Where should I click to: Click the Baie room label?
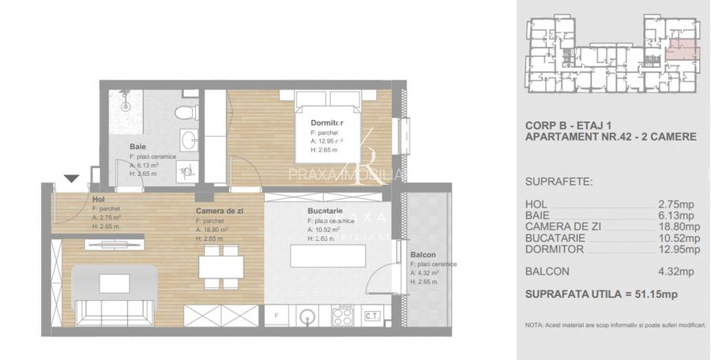(138, 147)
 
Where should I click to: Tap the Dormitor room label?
(327, 122)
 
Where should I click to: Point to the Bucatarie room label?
(325, 212)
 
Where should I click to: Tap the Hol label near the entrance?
(98, 199)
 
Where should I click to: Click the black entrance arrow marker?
(72, 180)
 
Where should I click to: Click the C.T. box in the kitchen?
(372, 316)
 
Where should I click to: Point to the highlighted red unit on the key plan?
(682, 51)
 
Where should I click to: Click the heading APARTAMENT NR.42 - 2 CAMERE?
(610, 137)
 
